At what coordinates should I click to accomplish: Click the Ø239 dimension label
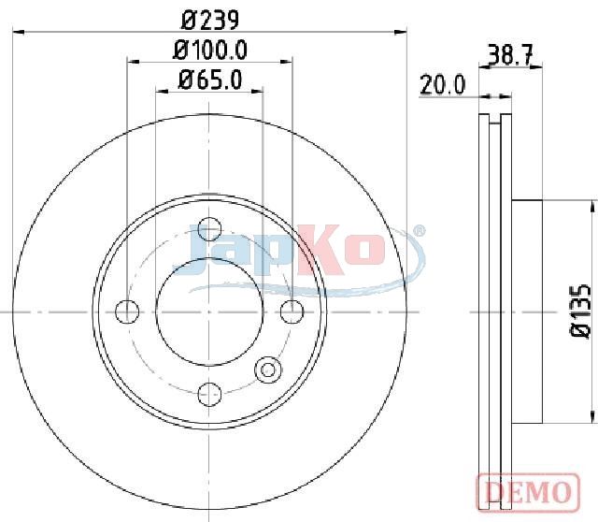pyautogui.click(x=210, y=20)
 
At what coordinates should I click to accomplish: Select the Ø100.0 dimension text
pyautogui.click(x=210, y=50)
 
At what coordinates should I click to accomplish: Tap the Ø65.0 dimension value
pyautogui.click(x=210, y=80)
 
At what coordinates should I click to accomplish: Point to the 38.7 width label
pyautogui.click(x=510, y=56)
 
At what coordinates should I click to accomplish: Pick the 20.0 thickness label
pyautogui.click(x=442, y=85)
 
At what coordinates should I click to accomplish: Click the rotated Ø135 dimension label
pyautogui.click(x=580, y=311)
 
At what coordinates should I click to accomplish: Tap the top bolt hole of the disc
pyautogui.click(x=209, y=229)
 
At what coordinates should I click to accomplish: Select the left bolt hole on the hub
pyautogui.click(x=127, y=312)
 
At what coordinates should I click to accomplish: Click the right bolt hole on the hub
pyautogui.click(x=292, y=312)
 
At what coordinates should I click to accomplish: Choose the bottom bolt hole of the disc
pyautogui.click(x=209, y=395)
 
